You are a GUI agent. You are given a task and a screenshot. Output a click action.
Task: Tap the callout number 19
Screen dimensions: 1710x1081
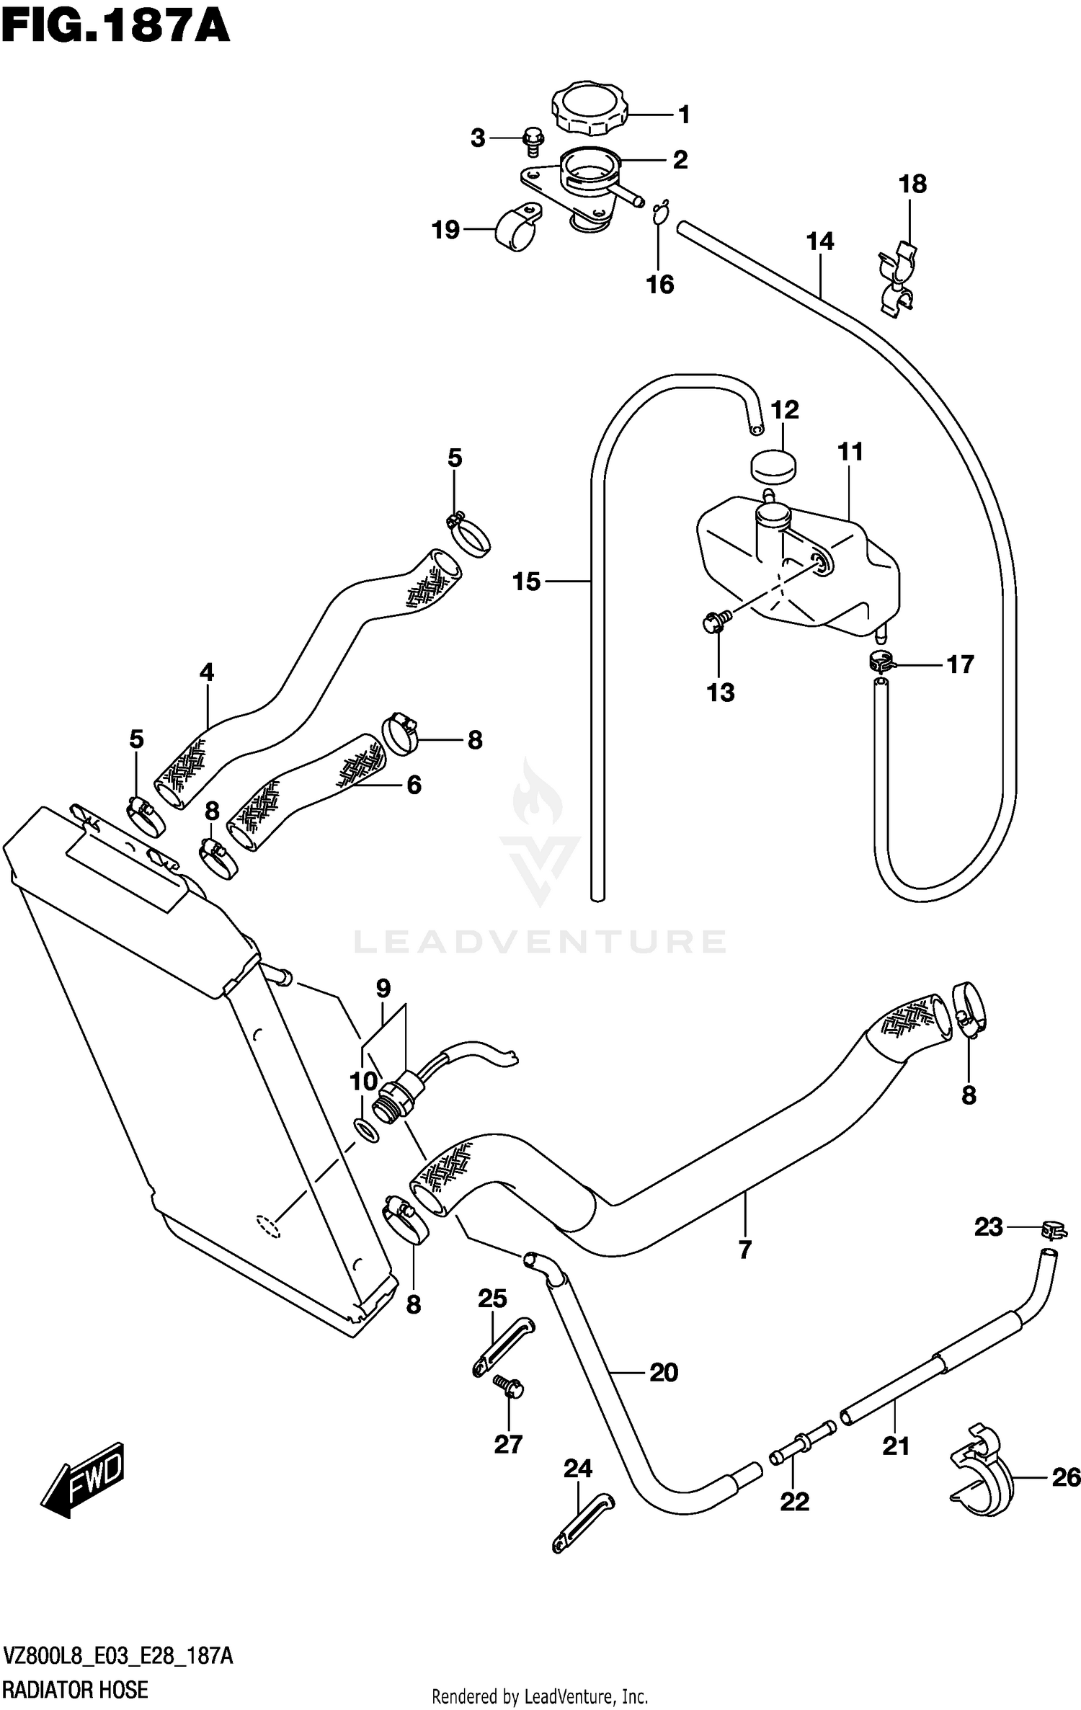[x=445, y=230]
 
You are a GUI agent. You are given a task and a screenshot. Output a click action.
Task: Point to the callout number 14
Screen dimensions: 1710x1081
[x=820, y=241]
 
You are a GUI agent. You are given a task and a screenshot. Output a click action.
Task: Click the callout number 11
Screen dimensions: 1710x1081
[x=850, y=452]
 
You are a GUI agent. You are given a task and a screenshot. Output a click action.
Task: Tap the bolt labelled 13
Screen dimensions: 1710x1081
[x=715, y=620]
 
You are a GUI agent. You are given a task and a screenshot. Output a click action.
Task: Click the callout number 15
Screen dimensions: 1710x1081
[x=526, y=582]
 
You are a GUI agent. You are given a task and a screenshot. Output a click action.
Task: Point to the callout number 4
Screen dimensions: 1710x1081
[x=207, y=672]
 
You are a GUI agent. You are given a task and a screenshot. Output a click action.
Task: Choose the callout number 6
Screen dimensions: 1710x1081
[x=414, y=784]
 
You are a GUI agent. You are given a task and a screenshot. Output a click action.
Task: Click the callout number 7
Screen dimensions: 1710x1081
[x=745, y=1249]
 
